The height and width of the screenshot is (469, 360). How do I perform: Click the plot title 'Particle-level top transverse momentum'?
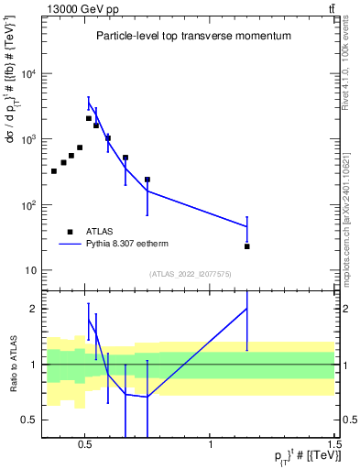(x=193, y=37)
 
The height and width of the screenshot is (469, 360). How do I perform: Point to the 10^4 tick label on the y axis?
(x=27, y=74)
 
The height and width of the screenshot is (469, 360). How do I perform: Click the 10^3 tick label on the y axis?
(x=27, y=139)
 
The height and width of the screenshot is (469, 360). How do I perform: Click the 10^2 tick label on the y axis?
(x=27, y=205)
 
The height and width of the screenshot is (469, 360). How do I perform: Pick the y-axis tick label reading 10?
(x=29, y=271)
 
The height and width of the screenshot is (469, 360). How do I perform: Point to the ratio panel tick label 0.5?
(x=28, y=420)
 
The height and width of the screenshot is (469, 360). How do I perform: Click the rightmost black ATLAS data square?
(x=247, y=246)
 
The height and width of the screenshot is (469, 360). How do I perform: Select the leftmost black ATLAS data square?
(x=54, y=171)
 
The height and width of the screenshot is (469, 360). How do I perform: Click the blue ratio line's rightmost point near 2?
(x=247, y=309)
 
